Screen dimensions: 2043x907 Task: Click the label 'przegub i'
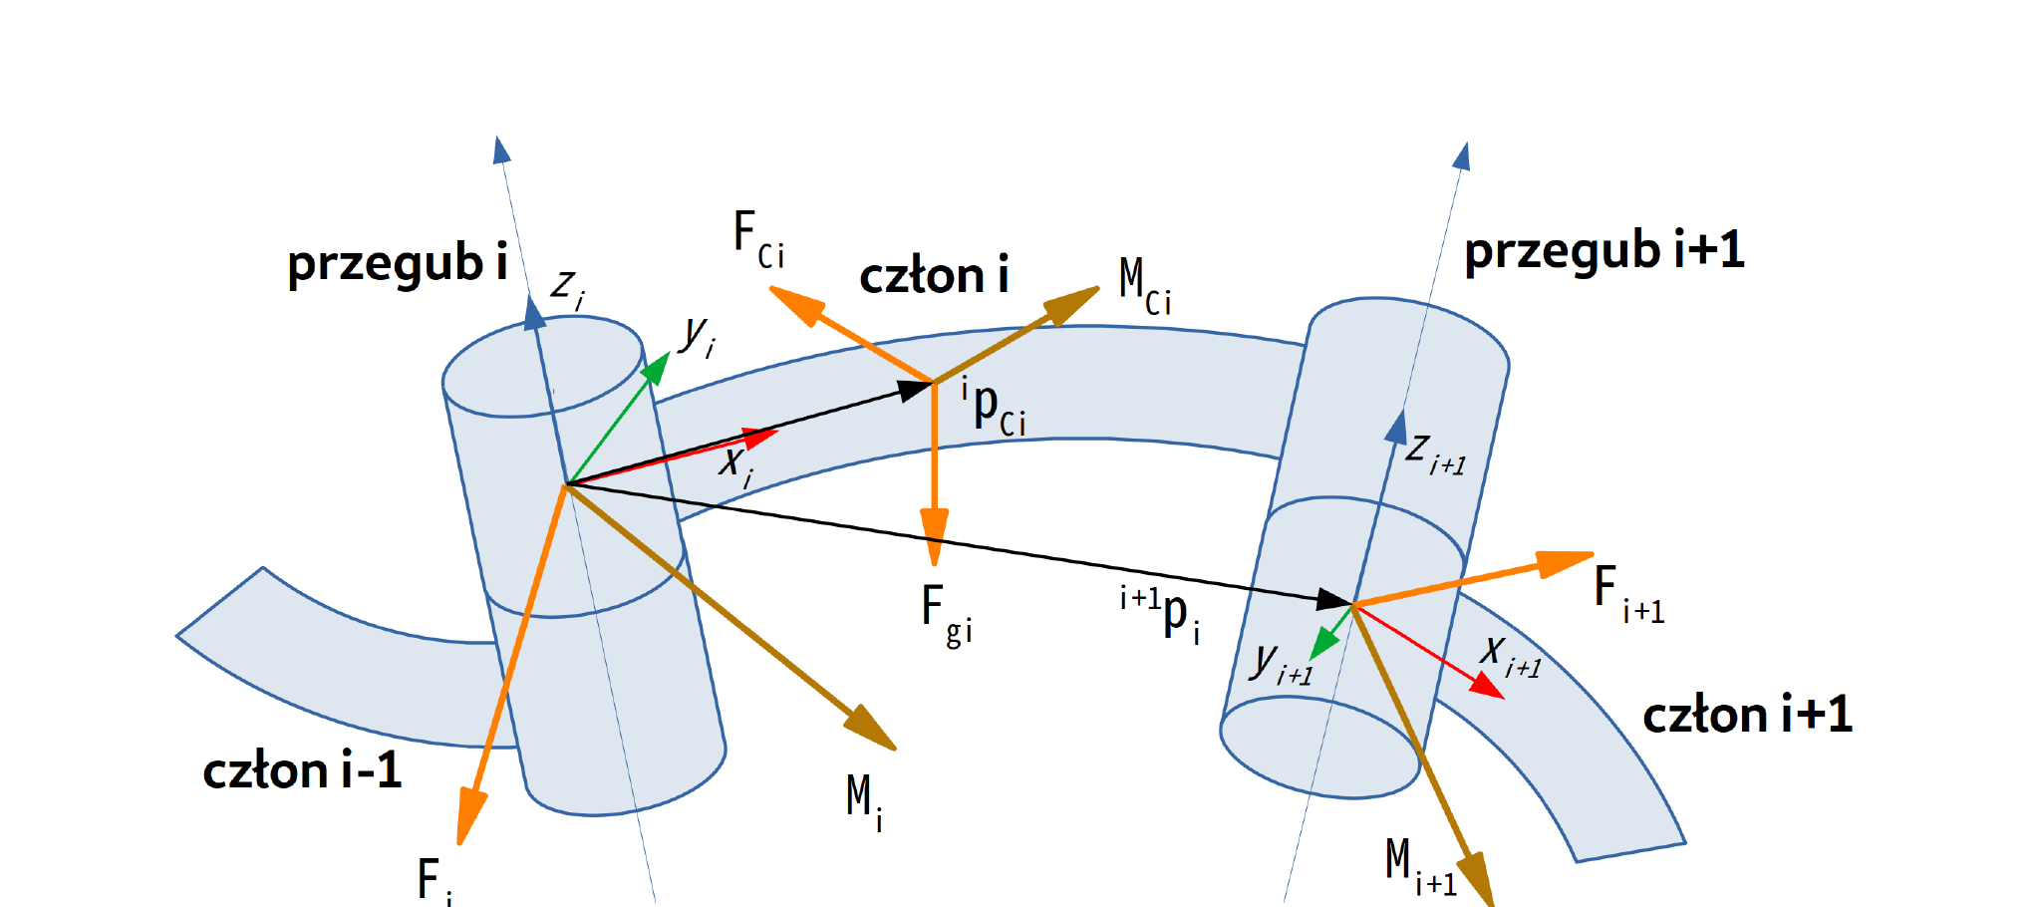(x=398, y=264)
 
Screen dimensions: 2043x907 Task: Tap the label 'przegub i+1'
(x=1605, y=250)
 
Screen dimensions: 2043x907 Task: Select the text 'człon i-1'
(x=302, y=770)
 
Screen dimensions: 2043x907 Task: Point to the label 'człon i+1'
(x=1747, y=715)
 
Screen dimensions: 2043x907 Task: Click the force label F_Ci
(x=758, y=239)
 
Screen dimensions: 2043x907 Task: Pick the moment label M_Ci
(x=1145, y=286)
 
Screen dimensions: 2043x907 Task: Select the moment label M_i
(x=864, y=802)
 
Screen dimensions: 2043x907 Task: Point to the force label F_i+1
(x=1628, y=594)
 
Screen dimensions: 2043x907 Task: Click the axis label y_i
(x=697, y=337)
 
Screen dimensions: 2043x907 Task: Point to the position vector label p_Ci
(x=994, y=406)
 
